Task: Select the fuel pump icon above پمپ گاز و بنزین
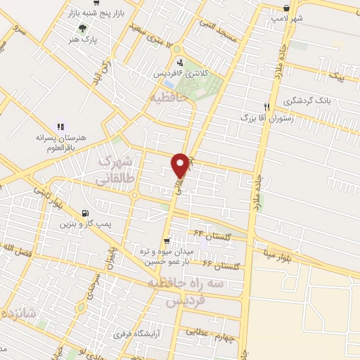tap(86, 213)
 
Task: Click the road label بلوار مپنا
tap(271, 257)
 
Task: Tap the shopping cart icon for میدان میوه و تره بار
tap(166, 240)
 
